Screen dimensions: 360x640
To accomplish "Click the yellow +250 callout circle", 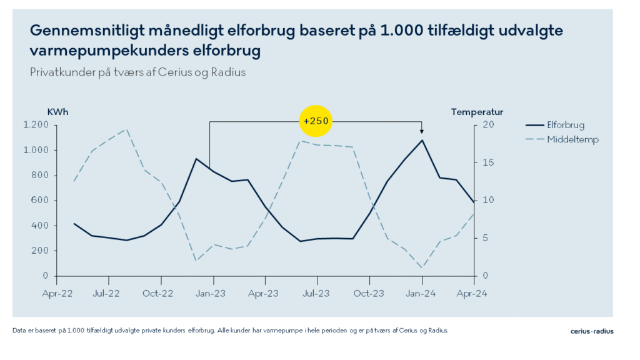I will pos(316,121).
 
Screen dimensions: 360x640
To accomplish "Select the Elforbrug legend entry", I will pos(566,125).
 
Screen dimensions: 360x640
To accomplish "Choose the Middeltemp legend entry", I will pos(572,139).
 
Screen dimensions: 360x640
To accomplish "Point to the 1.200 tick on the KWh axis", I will pos(36,125).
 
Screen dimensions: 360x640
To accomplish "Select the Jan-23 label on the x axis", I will pos(213,292).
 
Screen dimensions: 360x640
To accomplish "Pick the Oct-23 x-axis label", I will pos(369,292).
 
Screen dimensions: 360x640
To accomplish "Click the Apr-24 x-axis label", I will pos(473,292).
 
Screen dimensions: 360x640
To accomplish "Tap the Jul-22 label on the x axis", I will pos(108,292).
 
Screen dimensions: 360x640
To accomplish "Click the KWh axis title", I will pos(58,112).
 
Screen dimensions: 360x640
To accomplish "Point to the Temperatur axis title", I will pos(477,112).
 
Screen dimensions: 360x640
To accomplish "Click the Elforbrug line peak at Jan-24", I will pos(422,140).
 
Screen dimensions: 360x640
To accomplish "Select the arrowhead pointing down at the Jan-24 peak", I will pos(422,131).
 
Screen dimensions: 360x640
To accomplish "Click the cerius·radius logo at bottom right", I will pos(592,331).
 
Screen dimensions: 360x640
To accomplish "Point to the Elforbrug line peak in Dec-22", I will pos(196,159).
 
